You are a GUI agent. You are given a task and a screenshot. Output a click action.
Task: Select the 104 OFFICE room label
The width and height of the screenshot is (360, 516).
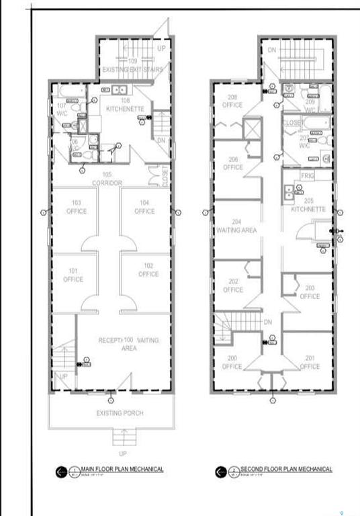tap(144, 206)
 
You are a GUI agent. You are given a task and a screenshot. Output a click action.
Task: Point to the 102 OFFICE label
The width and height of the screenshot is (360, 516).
tap(148, 270)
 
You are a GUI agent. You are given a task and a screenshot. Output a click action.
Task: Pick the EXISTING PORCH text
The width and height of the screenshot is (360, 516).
tap(120, 413)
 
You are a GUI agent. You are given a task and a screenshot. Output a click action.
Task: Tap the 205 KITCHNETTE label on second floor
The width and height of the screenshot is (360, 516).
tap(308, 205)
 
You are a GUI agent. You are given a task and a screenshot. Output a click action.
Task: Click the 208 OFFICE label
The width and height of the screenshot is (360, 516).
tap(232, 101)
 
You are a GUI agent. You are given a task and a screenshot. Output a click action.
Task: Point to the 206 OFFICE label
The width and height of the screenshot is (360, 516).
tap(232, 163)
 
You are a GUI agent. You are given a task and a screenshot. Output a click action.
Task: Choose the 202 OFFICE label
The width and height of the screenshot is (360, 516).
tap(232, 286)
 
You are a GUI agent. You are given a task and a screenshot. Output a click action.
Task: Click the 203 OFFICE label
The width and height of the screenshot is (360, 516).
tap(310, 292)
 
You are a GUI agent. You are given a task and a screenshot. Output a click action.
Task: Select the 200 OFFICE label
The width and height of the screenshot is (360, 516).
tap(232, 363)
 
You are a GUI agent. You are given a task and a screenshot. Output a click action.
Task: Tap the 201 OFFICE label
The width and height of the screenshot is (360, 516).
tap(310, 363)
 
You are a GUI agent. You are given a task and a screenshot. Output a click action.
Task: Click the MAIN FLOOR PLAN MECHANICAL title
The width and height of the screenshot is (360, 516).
tap(122, 469)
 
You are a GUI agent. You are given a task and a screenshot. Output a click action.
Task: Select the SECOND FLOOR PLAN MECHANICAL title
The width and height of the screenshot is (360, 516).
tap(286, 469)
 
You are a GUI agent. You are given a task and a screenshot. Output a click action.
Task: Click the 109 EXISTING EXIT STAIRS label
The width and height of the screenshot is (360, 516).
tap(132, 65)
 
